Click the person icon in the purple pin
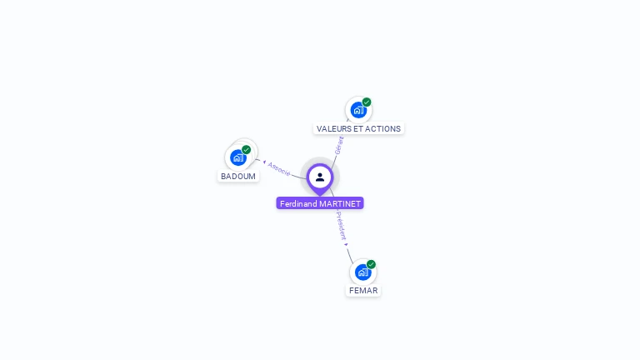click(320, 177)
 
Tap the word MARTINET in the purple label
click(340, 203)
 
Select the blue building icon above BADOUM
click(238, 157)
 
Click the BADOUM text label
click(238, 177)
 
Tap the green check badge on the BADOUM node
click(247, 150)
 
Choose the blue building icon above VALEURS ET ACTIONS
click(358, 110)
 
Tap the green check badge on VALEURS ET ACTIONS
click(367, 102)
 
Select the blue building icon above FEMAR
click(362, 272)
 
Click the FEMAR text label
click(363, 291)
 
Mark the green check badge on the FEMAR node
click(371, 264)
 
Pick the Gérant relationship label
click(339, 146)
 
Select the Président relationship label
click(341, 224)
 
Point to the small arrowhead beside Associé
click(264, 162)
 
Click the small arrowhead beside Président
click(346, 243)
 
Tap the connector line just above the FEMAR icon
click(351, 256)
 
